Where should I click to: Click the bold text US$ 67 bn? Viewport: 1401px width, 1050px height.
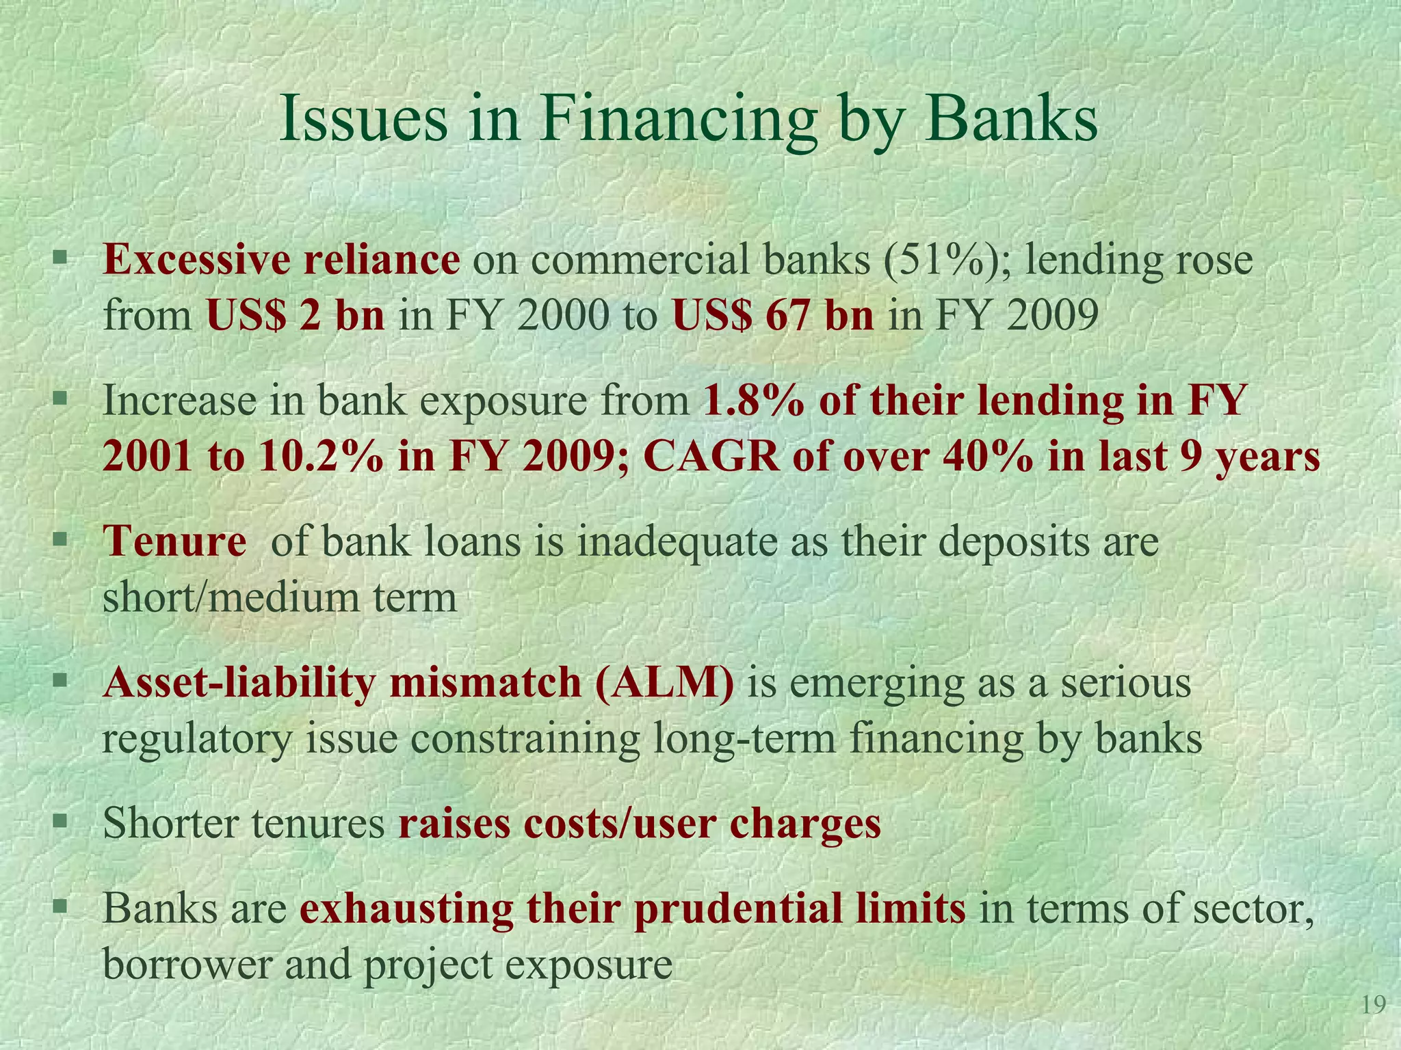[773, 316]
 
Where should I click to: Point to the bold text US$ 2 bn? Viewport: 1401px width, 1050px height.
[296, 316]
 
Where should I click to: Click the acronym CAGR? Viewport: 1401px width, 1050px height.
[711, 457]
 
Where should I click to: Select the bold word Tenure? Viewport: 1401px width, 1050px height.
[174, 541]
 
